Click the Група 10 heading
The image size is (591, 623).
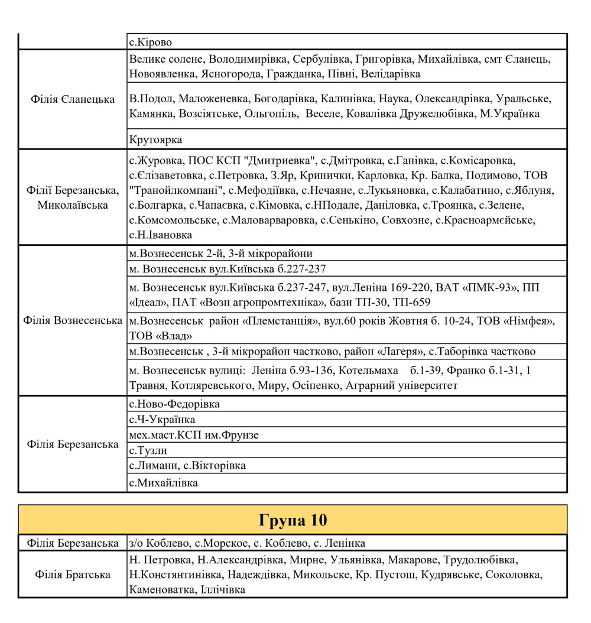293,520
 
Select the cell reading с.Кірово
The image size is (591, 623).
151,42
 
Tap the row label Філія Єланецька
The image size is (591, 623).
73,99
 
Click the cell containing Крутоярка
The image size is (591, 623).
156,139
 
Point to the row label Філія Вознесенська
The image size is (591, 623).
73,320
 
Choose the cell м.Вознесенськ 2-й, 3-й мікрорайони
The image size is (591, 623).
220,254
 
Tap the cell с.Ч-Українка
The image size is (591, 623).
162,420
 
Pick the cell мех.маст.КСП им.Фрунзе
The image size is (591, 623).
194,435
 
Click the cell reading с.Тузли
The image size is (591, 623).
148,450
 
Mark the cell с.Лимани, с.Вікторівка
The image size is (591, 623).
187,466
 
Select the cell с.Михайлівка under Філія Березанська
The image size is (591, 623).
163,483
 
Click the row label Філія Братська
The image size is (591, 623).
73,574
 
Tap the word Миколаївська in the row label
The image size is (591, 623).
73,205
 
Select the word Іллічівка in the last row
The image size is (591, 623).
219,589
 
